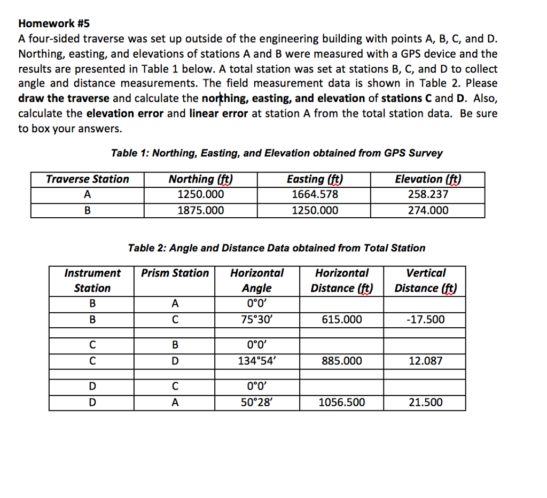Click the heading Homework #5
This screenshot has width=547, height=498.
[x=54, y=23]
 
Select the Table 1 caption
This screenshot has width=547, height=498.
[x=277, y=153]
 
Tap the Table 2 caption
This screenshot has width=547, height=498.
[x=277, y=248]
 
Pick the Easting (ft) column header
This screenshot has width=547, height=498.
[x=315, y=179]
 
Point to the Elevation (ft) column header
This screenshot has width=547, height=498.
[x=427, y=179]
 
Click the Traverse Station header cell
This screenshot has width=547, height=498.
[x=88, y=179]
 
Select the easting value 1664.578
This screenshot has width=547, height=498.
[x=315, y=195]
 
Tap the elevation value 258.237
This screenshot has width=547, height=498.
[x=427, y=195]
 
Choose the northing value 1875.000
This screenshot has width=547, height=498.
[x=201, y=210]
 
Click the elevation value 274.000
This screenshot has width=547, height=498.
[x=427, y=210]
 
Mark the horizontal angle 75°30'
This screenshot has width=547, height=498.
[x=257, y=320]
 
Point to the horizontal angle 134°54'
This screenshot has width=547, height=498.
[x=257, y=361]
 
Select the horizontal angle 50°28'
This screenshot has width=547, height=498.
[x=257, y=402]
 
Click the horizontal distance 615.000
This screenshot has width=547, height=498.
[x=342, y=320]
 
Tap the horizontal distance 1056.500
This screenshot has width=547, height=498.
[x=342, y=402]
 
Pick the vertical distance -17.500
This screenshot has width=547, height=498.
[x=425, y=320]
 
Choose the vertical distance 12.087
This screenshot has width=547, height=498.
[x=425, y=361]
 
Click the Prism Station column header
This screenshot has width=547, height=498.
[x=175, y=273]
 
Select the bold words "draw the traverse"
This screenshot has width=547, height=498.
[x=64, y=99]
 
